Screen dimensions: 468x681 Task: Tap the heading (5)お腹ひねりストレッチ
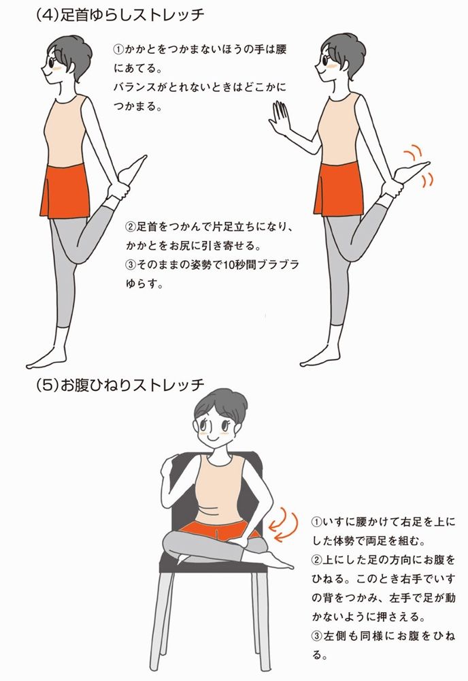click(x=120, y=385)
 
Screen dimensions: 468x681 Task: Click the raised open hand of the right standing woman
click(x=279, y=118)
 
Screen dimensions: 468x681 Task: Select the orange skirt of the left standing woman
click(x=65, y=191)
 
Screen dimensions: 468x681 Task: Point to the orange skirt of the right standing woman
click(x=339, y=189)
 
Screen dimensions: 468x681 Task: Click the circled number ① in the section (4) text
click(x=118, y=50)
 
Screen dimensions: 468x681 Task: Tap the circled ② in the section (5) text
click(x=316, y=560)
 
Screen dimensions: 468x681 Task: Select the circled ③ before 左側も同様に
click(x=316, y=636)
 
